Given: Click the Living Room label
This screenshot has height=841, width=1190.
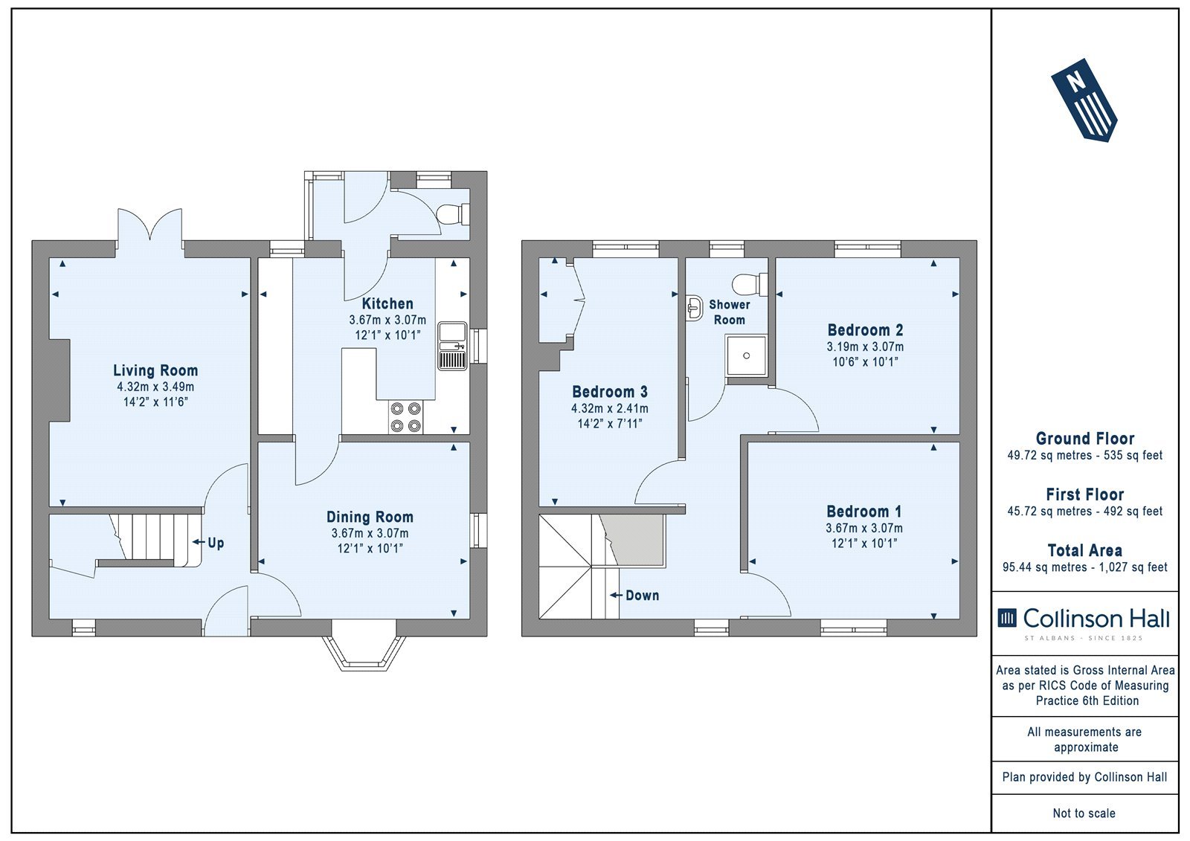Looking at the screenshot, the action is click(x=155, y=370).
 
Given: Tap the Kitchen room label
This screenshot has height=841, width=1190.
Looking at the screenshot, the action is click(x=387, y=304).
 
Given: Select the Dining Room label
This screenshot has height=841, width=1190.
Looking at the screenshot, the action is click(x=370, y=517).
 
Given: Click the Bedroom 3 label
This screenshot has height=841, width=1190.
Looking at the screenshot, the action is click(x=610, y=392).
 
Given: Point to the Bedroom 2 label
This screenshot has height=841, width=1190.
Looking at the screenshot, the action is click(x=866, y=330).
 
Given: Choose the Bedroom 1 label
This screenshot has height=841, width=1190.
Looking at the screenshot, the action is click(x=863, y=512).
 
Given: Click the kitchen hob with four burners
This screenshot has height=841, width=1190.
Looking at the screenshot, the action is click(x=406, y=417).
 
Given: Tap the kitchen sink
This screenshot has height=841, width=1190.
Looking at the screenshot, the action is click(x=453, y=346).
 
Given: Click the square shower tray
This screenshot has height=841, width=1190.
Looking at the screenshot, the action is click(x=747, y=355).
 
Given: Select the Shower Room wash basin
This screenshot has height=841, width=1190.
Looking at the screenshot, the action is click(x=695, y=309).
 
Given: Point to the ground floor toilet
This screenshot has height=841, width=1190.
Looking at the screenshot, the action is click(x=453, y=214).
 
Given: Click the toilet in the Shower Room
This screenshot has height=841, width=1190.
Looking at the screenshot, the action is click(x=750, y=284).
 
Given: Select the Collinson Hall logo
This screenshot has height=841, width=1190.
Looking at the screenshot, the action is click(x=1084, y=622).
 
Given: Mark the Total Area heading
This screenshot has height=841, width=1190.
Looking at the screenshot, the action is click(x=1085, y=550).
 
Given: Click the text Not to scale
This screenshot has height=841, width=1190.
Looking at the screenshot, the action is click(x=1084, y=813).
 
